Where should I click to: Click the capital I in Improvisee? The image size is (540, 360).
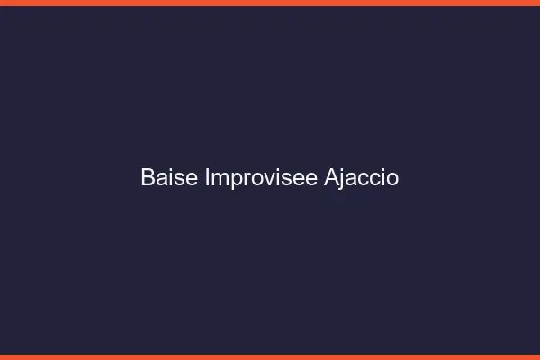(x=208, y=178)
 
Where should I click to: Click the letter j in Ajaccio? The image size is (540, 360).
(x=342, y=180)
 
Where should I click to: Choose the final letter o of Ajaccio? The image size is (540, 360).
(x=392, y=179)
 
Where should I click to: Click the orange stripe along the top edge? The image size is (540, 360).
(x=270, y=3)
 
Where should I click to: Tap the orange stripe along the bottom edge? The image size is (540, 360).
(x=270, y=356)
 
